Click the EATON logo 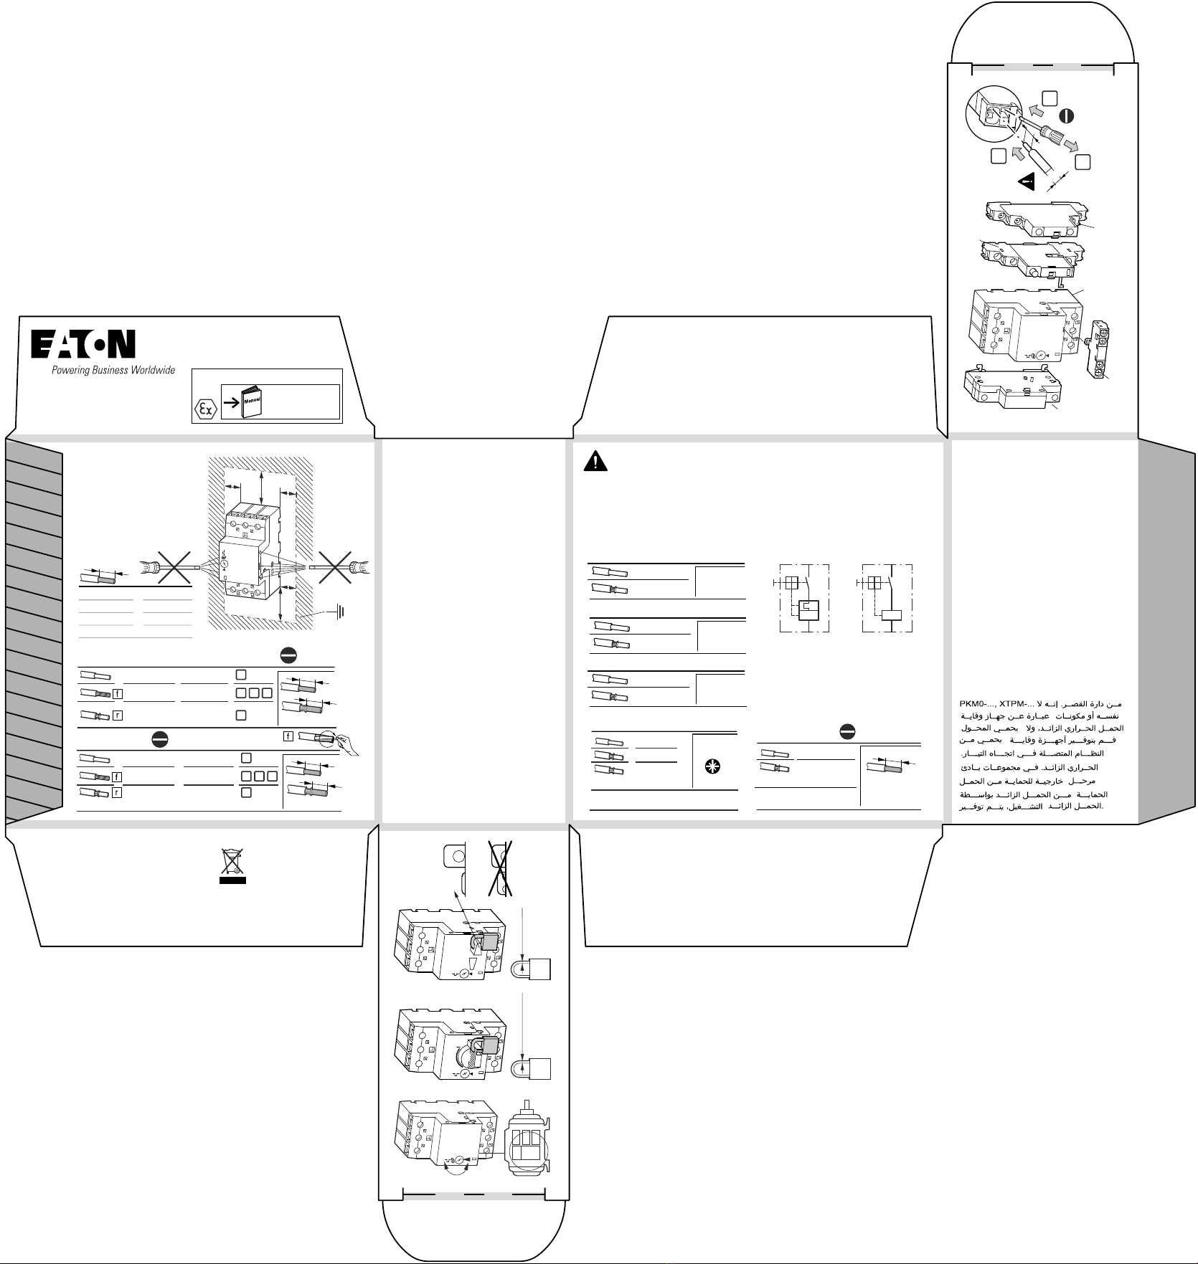(x=82, y=346)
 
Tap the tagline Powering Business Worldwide (x=113, y=371)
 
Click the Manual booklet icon (x=251, y=401)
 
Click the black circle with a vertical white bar (x=1067, y=115)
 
